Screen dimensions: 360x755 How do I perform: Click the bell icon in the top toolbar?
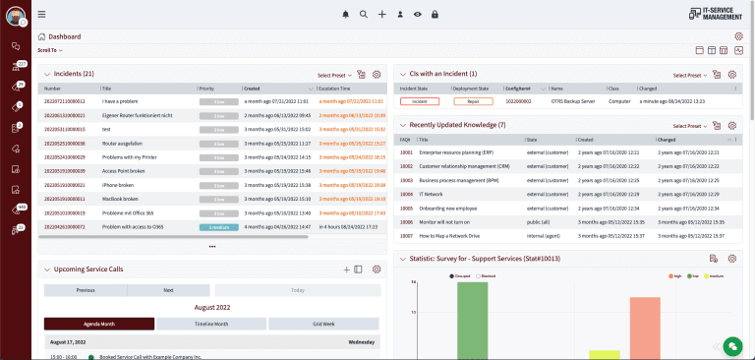(345, 14)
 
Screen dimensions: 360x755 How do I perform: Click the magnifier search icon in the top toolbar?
(364, 14)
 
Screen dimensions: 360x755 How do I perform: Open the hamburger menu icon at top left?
(41, 14)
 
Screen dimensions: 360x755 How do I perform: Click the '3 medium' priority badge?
(218, 226)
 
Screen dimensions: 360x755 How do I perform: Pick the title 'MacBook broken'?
(119, 198)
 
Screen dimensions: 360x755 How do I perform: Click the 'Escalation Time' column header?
(340, 88)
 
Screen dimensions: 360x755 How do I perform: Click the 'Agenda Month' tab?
(99, 324)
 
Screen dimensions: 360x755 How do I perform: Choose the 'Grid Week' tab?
(322, 324)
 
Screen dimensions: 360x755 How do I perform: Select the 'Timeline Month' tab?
(211, 324)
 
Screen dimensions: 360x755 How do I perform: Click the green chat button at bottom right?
(730, 345)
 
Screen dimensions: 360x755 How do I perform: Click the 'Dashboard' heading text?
(65, 36)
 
